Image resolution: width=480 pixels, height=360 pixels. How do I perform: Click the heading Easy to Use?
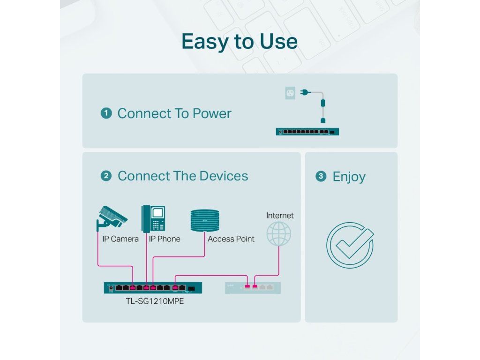click(240, 42)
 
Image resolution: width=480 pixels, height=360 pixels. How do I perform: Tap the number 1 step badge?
click(106, 113)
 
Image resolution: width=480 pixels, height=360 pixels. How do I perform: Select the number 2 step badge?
click(106, 176)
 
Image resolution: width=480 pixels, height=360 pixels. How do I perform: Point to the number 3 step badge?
click(321, 176)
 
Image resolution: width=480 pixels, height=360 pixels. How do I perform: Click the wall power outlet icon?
click(291, 93)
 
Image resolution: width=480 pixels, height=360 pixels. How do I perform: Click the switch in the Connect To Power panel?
click(307, 132)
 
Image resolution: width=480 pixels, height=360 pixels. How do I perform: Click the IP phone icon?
click(153, 218)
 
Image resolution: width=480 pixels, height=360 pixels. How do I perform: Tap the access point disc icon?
click(205, 220)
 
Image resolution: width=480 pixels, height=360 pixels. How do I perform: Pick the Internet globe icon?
click(279, 234)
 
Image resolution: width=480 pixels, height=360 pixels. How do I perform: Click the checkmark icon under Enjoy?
click(350, 245)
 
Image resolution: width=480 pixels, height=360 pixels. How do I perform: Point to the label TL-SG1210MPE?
click(153, 301)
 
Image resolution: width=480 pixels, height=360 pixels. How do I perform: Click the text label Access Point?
click(231, 239)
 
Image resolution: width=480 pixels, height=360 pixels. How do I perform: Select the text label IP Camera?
click(120, 239)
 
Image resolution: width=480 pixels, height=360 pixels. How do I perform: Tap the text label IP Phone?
click(165, 239)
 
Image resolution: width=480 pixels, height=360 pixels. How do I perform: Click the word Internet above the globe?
click(280, 216)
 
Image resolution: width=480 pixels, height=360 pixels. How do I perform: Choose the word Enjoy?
click(349, 177)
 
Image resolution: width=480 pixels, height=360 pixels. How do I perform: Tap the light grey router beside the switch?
click(253, 287)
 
